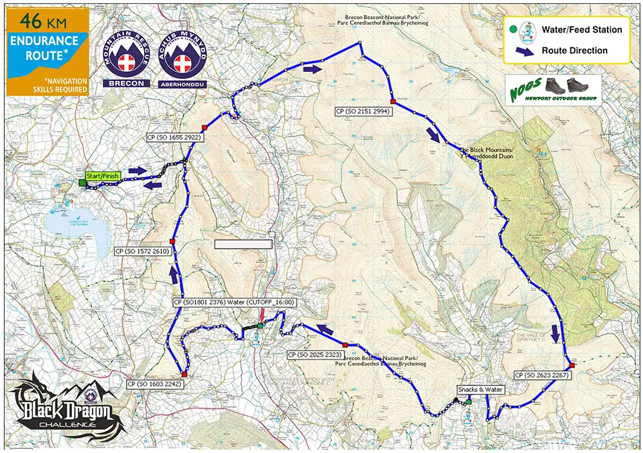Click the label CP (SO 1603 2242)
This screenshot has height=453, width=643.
[x=156, y=384]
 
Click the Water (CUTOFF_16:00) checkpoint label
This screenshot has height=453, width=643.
[x=233, y=301]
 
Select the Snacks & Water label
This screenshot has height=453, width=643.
[x=480, y=389]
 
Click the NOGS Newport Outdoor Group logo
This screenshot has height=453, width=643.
[x=553, y=89]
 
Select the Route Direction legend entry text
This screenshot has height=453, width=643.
[x=574, y=50]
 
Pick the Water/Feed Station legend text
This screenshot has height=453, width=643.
[x=582, y=30]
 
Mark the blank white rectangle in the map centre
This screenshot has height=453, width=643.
[x=243, y=244]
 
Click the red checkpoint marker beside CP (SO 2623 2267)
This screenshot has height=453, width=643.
[x=572, y=366]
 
